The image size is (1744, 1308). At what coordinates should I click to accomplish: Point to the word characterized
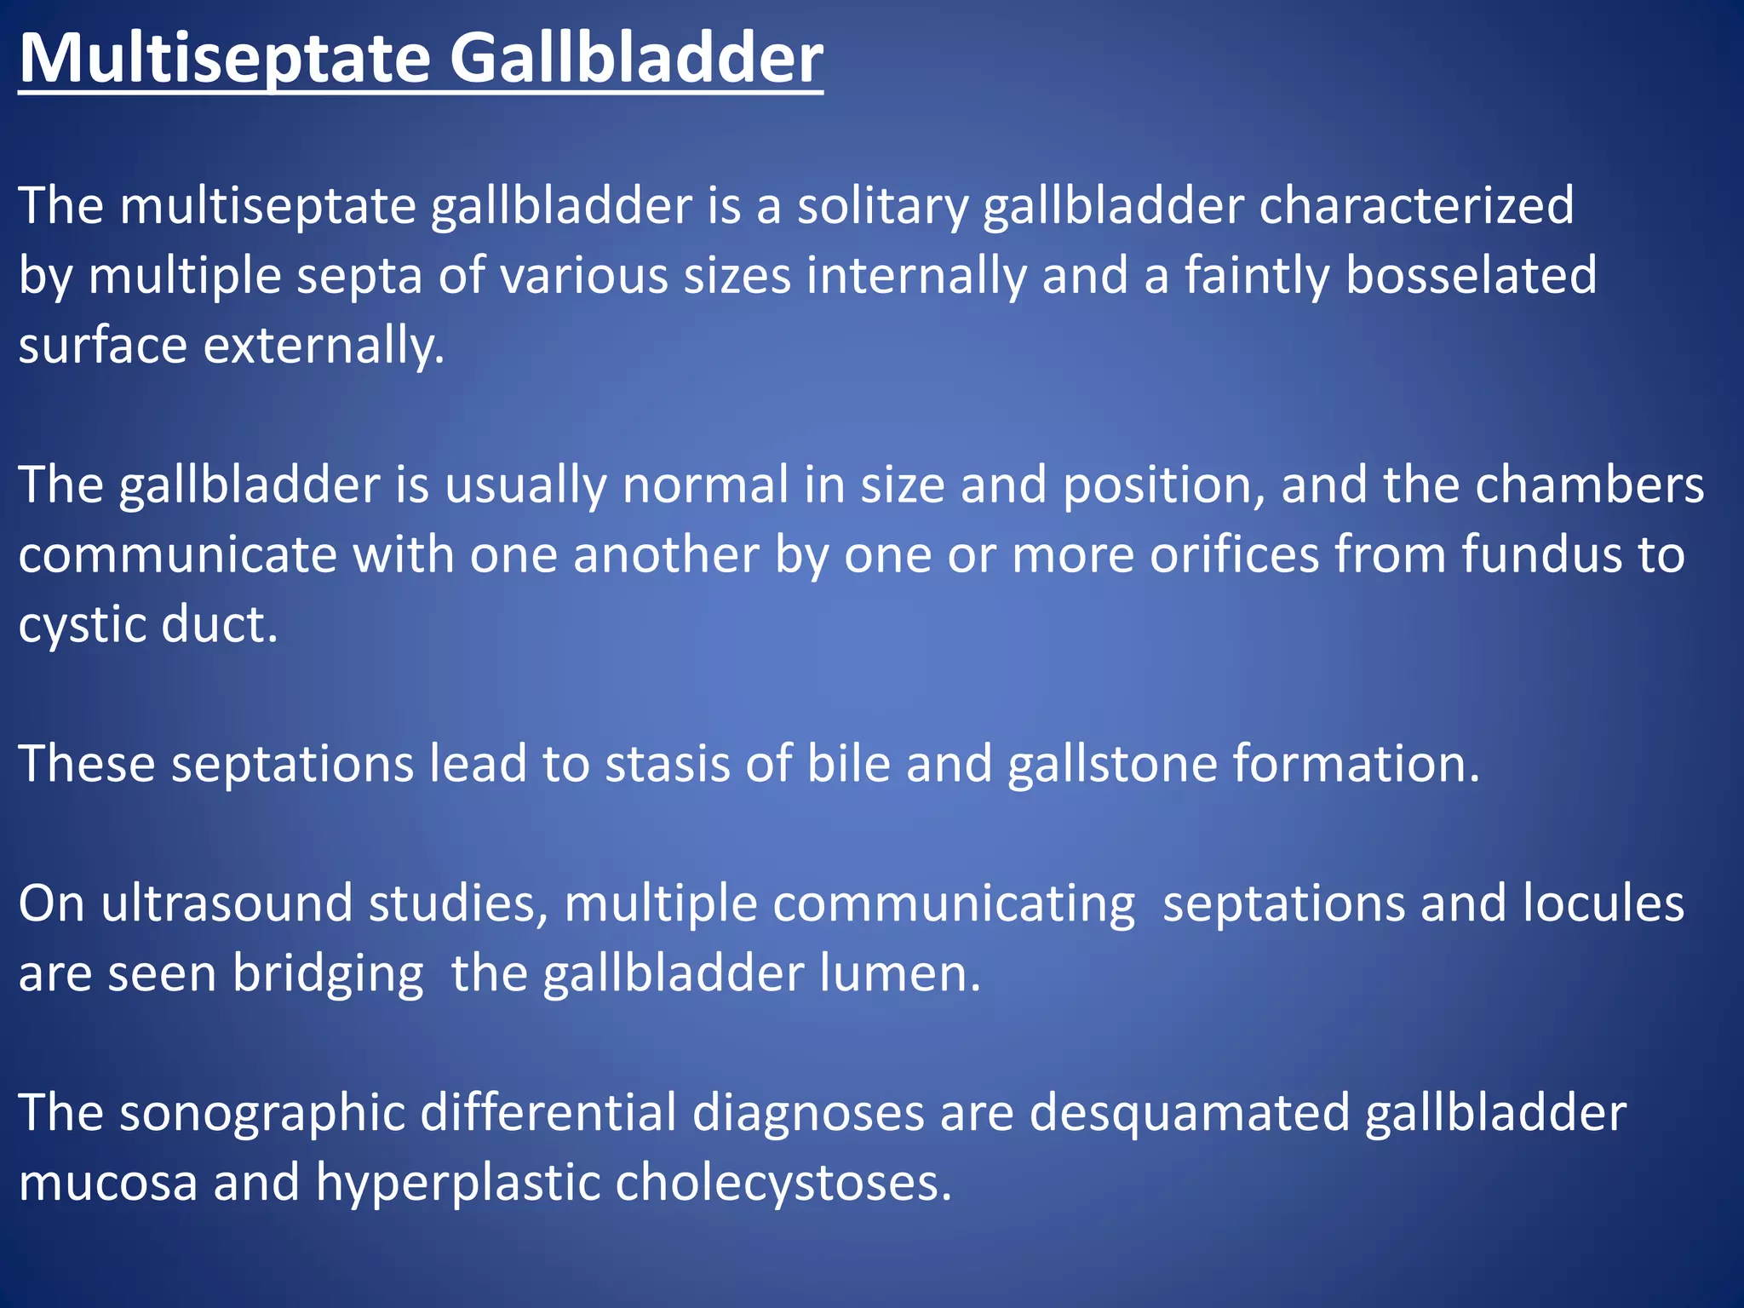pos(1416,206)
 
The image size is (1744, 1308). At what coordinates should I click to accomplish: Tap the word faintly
pos(1257,276)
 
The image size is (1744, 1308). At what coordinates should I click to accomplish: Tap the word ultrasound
pos(227,904)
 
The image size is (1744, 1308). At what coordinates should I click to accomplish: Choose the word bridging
pos(328,974)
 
